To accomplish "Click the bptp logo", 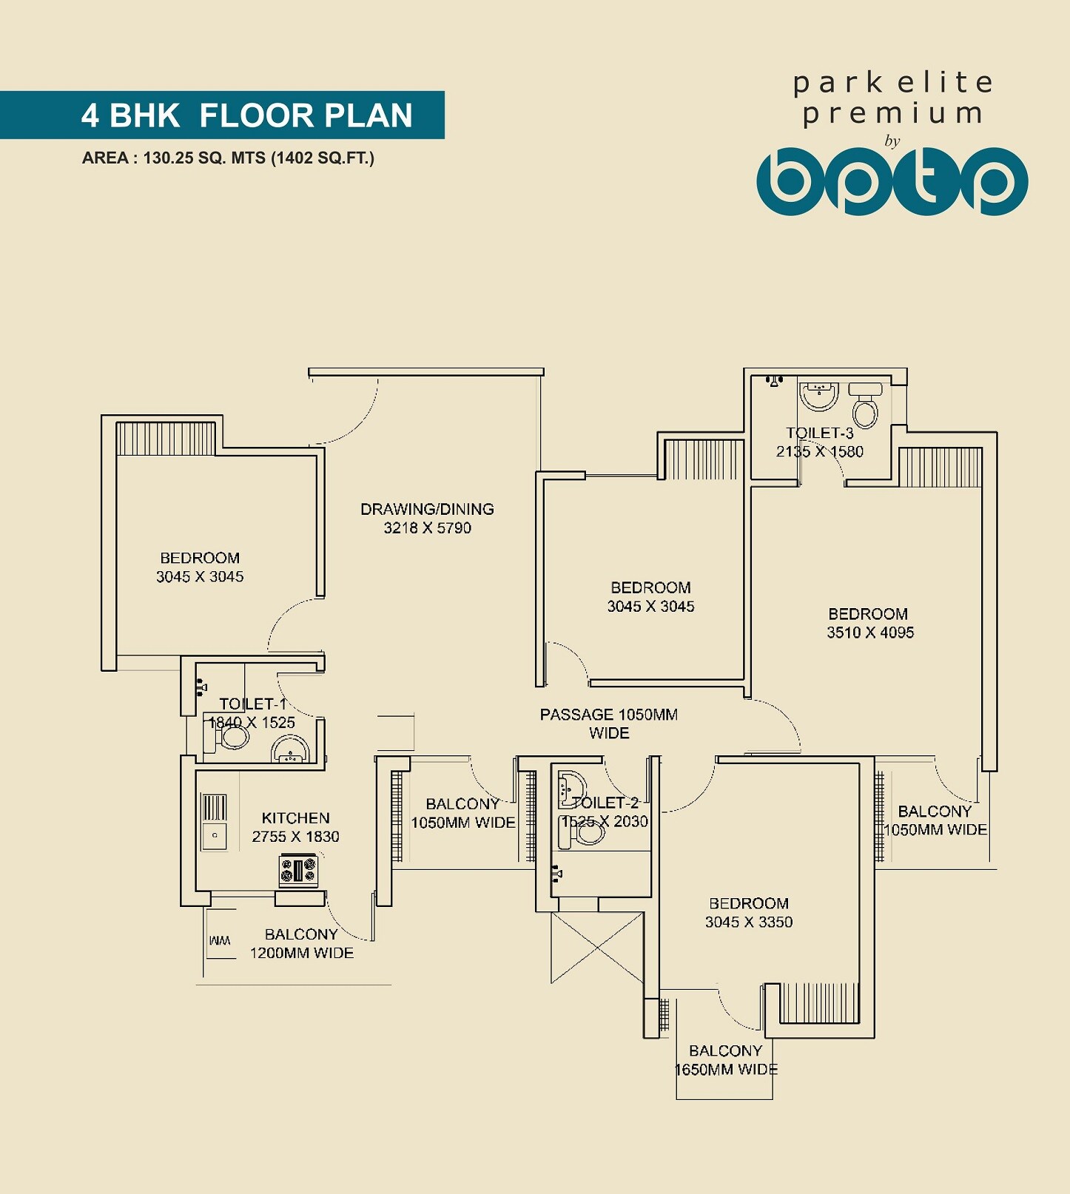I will click(892, 181).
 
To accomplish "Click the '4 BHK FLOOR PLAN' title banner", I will click(246, 115).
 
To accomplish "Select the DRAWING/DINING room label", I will click(427, 509).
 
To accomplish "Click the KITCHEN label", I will click(295, 818).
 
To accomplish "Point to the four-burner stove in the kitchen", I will click(298, 870).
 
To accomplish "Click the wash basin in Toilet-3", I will click(818, 395).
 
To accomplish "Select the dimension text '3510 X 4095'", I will click(870, 633).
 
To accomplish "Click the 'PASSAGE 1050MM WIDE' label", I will click(608, 724).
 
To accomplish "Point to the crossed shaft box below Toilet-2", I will click(597, 948).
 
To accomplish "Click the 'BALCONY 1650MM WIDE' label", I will click(725, 1060).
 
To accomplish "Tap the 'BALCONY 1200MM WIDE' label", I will click(301, 944).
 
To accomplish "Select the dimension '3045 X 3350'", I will click(748, 923).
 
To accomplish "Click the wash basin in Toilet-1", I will click(290, 750).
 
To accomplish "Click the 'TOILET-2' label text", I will click(605, 803).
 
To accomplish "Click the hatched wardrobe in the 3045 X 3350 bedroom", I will click(818, 1002).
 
